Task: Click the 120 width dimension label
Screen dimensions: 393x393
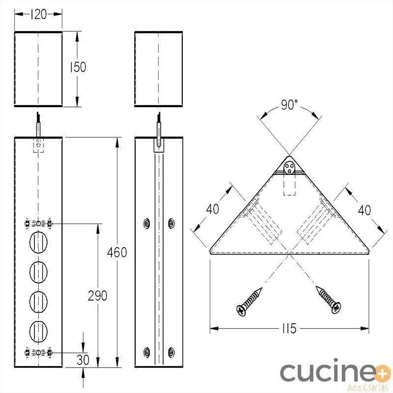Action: pyautogui.click(x=38, y=15)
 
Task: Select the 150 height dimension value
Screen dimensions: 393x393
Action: pyautogui.click(x=78, y=67)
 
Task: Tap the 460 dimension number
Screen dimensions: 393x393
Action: pyautogui.click(x=117, y=252)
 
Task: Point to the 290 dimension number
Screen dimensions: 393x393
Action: pyautogui.click(x=97, y=296)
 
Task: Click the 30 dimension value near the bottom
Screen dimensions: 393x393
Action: pyautogui.click(x=83, y=360)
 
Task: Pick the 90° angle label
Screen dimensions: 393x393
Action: pyautogui.click(x=289, y=105)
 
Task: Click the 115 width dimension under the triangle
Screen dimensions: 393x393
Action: pyautogui.click(x=289, y=328)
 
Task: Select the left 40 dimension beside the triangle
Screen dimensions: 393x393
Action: pyautogui.click(x=213, y=209)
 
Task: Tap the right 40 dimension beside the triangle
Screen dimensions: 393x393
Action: pyautogui.click(x=365, y=211)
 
